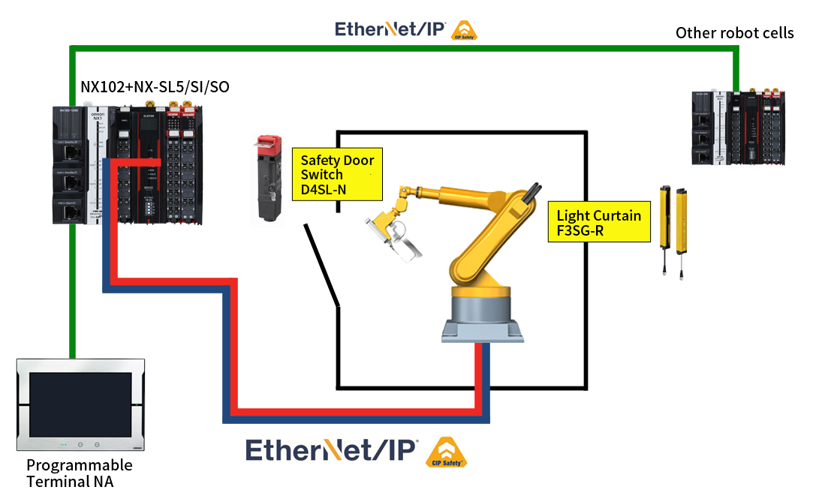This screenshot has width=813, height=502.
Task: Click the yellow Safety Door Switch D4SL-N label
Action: click(x=337, y=174)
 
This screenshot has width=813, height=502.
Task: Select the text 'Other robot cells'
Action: click(x=734, y=32)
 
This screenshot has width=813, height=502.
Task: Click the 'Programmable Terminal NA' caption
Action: click(x=78, y=473)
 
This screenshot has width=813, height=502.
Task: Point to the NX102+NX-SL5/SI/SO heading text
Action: click(x=155, y=87)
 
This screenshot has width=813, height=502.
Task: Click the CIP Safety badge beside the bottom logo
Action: click(x=446, y=453)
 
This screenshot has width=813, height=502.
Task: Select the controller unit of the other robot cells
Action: click(x=739, y=127)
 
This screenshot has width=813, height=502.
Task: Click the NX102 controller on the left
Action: click(x=128, y=165)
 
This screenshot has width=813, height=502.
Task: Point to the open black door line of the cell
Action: click(x=323, y=266)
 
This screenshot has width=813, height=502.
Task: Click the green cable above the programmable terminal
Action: click(x=72, y=300)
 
